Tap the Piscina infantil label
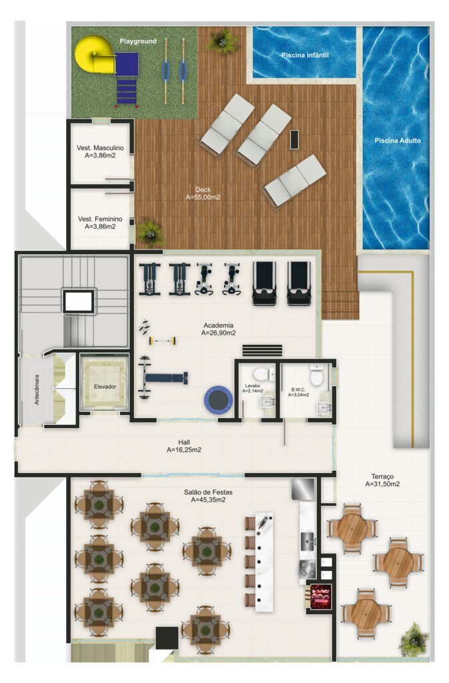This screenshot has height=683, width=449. (305, 55)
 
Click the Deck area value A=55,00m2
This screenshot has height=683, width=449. (203, 197)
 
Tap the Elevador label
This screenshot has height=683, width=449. (105, 387)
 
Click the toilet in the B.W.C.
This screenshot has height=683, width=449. (317, 375)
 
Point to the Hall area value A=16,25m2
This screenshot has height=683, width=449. (184, 450)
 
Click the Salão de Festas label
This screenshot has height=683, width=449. (208, 492)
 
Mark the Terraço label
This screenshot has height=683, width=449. (382, 477)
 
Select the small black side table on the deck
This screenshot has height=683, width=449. (294, 139)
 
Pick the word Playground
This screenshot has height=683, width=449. (138, 41)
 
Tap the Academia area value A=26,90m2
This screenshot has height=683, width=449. (221, 332)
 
